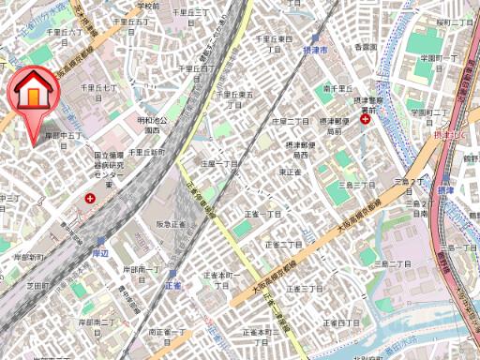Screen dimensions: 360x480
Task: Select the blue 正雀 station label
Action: [172, 283]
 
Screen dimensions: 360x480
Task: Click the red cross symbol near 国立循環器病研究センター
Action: [90, 199]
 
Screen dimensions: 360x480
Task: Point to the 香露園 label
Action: [366, 46]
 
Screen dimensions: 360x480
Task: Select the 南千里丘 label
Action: [335, 88]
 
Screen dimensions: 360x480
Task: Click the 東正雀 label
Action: [289, 172]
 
